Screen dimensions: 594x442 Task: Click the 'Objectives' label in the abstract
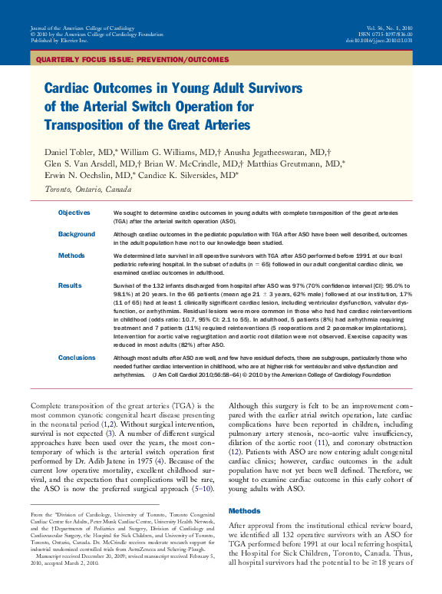(74, 213)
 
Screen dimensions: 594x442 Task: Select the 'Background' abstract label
(77, 234)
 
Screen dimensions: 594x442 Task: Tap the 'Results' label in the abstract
(70, 285)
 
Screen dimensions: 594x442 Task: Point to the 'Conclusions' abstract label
(77, 358)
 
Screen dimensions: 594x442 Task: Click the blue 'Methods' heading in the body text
(245, 510)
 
